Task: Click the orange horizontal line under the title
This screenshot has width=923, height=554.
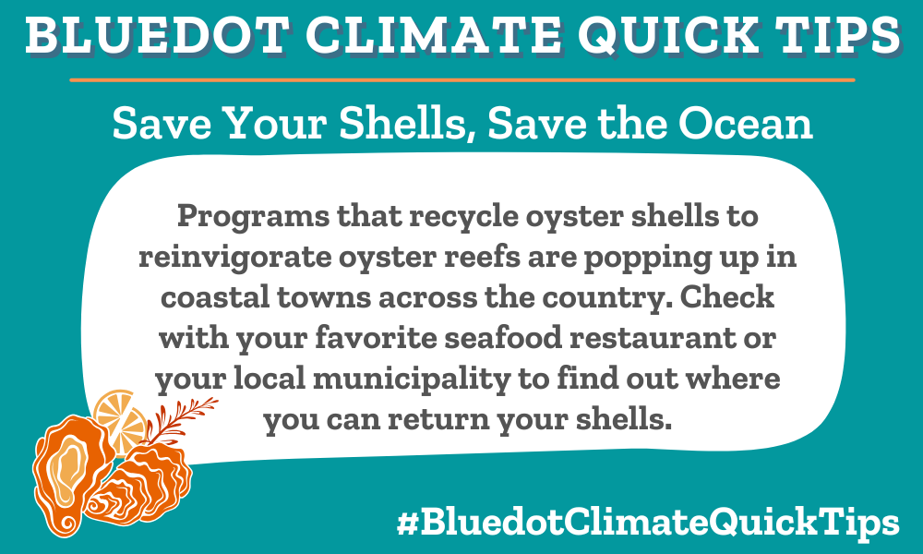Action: click(461, 80)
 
